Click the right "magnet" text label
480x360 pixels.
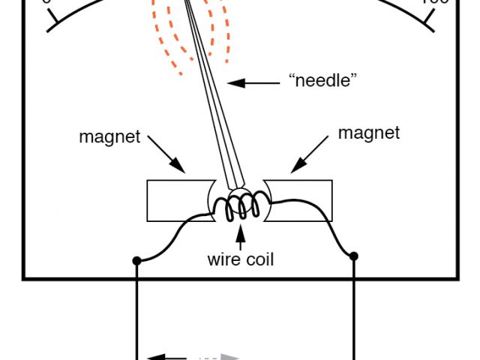point(369,133)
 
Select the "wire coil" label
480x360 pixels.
point(241,260)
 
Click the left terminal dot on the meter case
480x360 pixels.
point(136,261)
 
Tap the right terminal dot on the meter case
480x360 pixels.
point(354,256)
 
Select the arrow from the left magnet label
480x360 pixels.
point(166,154)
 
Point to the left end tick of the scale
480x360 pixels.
point(52,23)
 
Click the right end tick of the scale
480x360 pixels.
point(427,22)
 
